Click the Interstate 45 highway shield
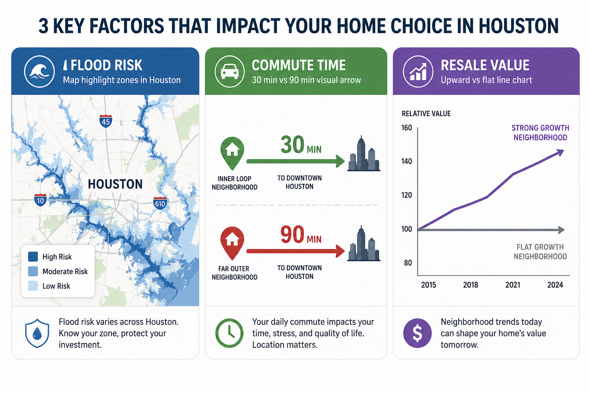[106, 121]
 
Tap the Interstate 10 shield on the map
[40, 200]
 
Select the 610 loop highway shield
[160, 203]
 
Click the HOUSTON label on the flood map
[115, 184]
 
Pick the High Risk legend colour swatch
[33, 257]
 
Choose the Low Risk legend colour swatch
[33, 286]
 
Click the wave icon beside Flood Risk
[39, 71]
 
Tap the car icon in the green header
[230, 71]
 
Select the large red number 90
[292, 234]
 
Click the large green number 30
[292, 145]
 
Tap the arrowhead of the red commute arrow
[340, 251]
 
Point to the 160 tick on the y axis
[406, 128]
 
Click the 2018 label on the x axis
[471, 285]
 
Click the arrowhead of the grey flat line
[561, 230]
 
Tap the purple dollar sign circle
[418, 333]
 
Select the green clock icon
[229, 333]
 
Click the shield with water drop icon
[37, 333]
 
